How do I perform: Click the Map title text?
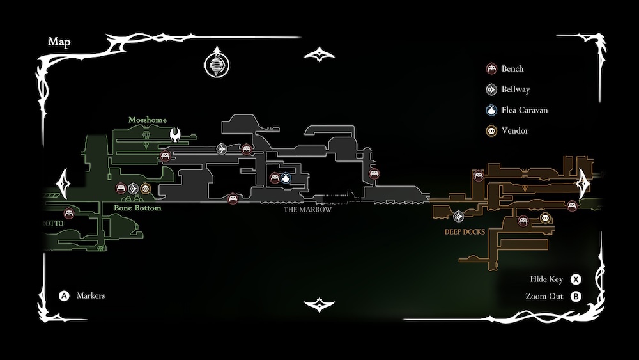[59, 42]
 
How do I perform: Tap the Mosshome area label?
[148, 120]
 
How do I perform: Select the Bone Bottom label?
[137, 208]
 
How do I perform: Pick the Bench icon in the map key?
[491, 69]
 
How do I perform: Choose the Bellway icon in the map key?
[491, 90]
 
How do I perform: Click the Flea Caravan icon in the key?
[491, 110]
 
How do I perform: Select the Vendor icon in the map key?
[491, 130]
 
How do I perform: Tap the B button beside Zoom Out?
[576, 297]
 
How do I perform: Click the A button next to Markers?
[64, 296]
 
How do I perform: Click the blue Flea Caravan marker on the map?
[286, 178]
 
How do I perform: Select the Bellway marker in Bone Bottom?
[133, 188]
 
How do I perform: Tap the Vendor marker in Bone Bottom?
[145, 188]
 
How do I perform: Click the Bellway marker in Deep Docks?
[458, 216]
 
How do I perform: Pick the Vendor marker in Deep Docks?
[545, 219]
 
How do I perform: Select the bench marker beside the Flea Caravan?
[275, 178]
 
